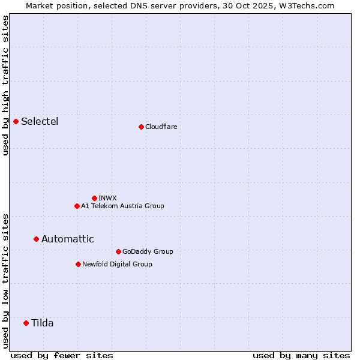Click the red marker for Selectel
[x=16, y=121]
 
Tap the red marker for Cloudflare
[x=141, y=127]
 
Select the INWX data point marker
[x=94, y=198]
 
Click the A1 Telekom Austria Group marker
[x=77, y=206]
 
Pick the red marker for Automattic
[x=36, y=239]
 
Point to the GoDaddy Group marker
[x=118, y=251]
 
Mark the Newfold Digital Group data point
[x=78, y=264]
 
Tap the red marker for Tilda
[x=26, y=323]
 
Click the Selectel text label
[x=40, y=122]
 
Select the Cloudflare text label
[x=161, y=127]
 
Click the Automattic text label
[x=67, y=239]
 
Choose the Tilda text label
[x=42, y=323]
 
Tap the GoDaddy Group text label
[x=148, y=251]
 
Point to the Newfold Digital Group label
[x=117, y=264]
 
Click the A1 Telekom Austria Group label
[x=122, y=206]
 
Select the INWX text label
[x=107, y=198]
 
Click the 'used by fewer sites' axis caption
[x=62, y=355]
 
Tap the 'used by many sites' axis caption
[x=301, y=355]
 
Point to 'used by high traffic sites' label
[x=5, y=85]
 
